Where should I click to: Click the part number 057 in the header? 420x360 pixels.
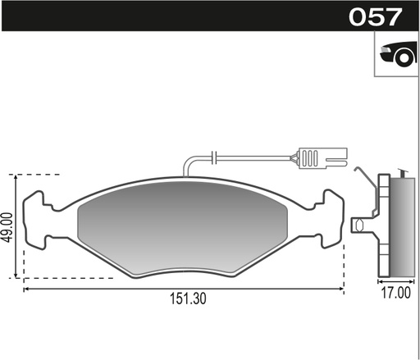(x=375, y=17)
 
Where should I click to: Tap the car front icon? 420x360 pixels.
(x=399, y=54)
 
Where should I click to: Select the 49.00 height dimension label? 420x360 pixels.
(x=7, y=227)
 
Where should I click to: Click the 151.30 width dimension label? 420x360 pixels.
(x=188, y=298)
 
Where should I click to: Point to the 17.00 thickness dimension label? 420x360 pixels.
(x=395, y=293)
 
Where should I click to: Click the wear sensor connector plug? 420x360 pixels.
(x=323, y=158)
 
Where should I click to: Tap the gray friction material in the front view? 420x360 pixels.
(x=183, y=228)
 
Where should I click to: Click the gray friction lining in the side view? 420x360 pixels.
(x=403, y=227)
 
